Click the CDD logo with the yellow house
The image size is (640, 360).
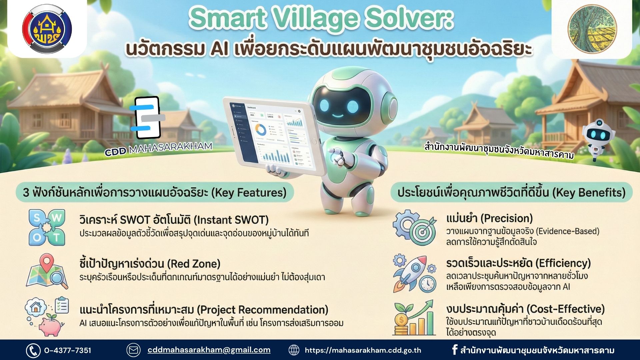click(x=47, y=29)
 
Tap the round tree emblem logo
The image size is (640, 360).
click(x=592, y=29)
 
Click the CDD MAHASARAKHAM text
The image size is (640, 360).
click(x=158, y=149)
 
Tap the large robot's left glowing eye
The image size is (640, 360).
click(x=325, y=106)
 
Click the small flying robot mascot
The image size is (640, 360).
click(x=599, y=138)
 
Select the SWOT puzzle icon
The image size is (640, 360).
click(x=47, y=227)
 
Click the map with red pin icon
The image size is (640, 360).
click(x=47, y=272)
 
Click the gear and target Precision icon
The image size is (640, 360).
click(x=414, y=227)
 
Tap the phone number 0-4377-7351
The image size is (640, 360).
click(x=67, y=350)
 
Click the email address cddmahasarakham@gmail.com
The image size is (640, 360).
click(x=209, y=350)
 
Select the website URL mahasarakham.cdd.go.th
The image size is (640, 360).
click(x=363, y=350)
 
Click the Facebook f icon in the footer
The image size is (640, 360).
click(x=454, y=350)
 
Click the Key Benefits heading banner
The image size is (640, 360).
click(x=511, y=193)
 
